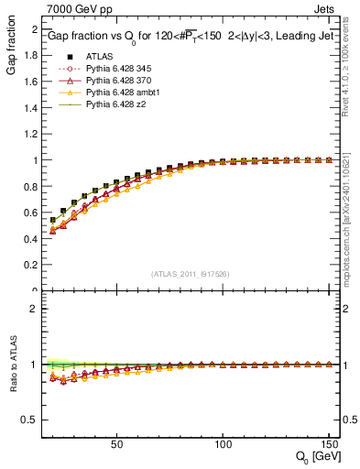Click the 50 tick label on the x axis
click(x=116, y=444)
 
